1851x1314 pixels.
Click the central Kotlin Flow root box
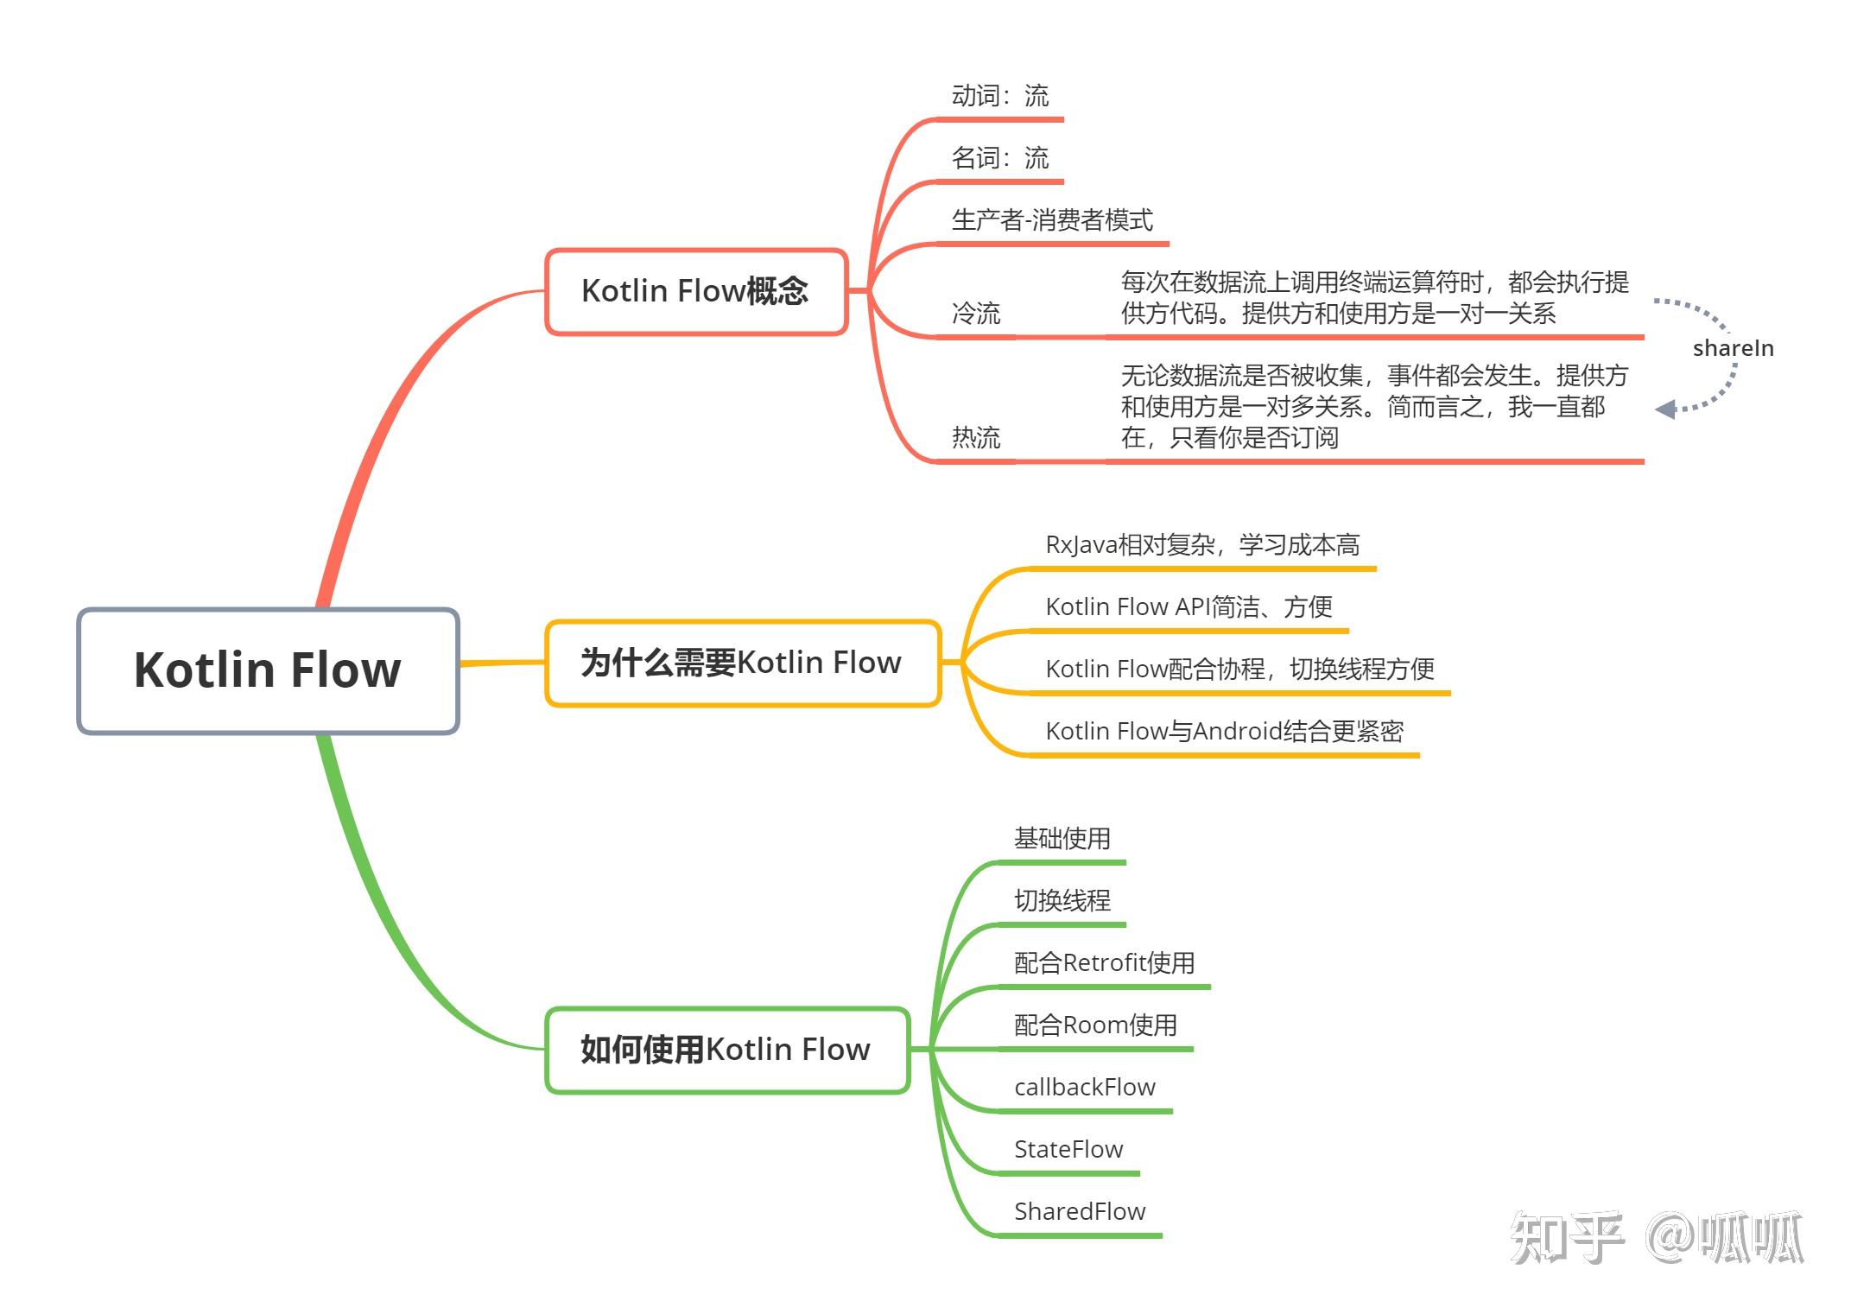point(268,670)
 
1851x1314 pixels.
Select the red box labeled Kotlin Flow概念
point(695,291)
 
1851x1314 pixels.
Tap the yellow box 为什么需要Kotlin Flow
point(741,663)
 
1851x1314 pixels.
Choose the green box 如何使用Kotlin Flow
point(726,1050)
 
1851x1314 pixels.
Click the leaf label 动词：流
point(1000,96)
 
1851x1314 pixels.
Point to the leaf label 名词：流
point(1000,158)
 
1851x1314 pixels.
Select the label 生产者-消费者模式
point(1052,220)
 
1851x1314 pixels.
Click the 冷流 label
point(976,313)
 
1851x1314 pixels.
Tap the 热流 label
point(976,438)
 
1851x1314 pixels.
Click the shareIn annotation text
point(1733,348)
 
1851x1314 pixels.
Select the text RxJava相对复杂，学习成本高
point(1202,545)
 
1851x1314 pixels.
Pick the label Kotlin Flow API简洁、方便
point(1189,607)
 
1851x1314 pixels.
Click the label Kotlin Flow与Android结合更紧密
point(1224,732)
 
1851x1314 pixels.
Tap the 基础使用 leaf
point(1062,839)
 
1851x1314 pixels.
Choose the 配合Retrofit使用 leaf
point(1104,963)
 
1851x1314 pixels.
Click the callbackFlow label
point(1085,1088)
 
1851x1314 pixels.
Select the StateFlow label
point(1068,1150)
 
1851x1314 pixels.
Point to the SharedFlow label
point(1080,1212)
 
